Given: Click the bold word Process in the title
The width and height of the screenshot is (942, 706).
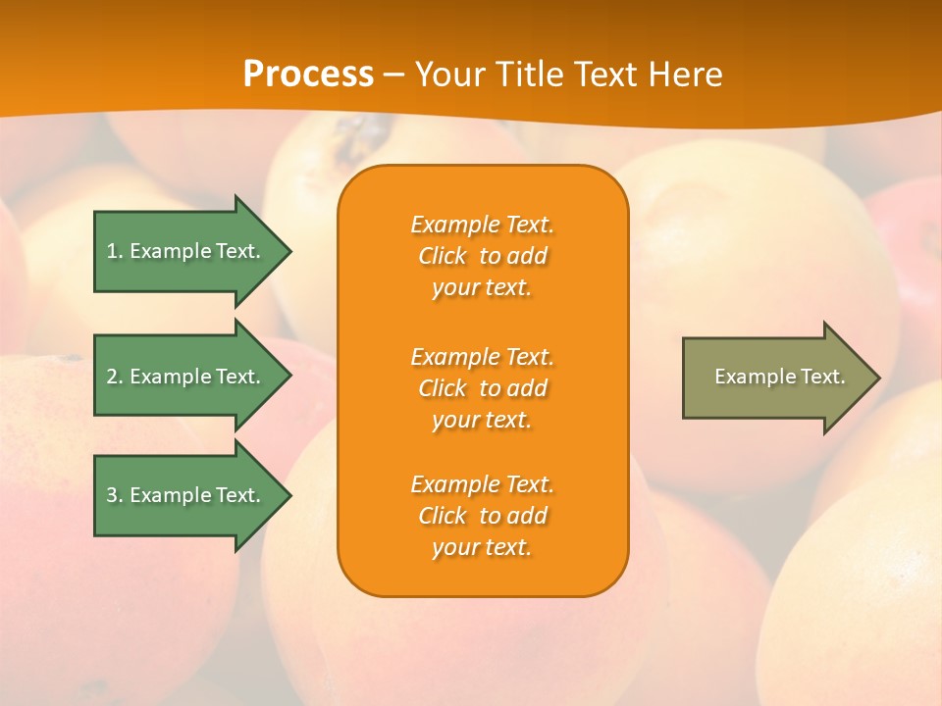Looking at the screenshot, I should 308,74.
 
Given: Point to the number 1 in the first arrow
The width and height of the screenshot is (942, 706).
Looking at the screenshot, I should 112,251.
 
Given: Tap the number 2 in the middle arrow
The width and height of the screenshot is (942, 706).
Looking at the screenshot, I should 112,377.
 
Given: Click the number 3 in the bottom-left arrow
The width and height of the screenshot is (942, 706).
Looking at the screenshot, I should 112,495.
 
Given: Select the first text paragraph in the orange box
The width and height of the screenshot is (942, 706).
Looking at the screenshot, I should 482,256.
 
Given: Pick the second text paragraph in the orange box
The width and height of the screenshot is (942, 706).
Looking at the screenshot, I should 482,388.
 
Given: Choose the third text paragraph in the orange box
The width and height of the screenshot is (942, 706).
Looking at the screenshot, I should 482,516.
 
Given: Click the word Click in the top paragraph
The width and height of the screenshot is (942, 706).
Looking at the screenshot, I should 443,256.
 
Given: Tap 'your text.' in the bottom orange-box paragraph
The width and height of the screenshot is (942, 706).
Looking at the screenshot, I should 482,547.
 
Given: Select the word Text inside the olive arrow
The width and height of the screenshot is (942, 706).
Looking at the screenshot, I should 824,377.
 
